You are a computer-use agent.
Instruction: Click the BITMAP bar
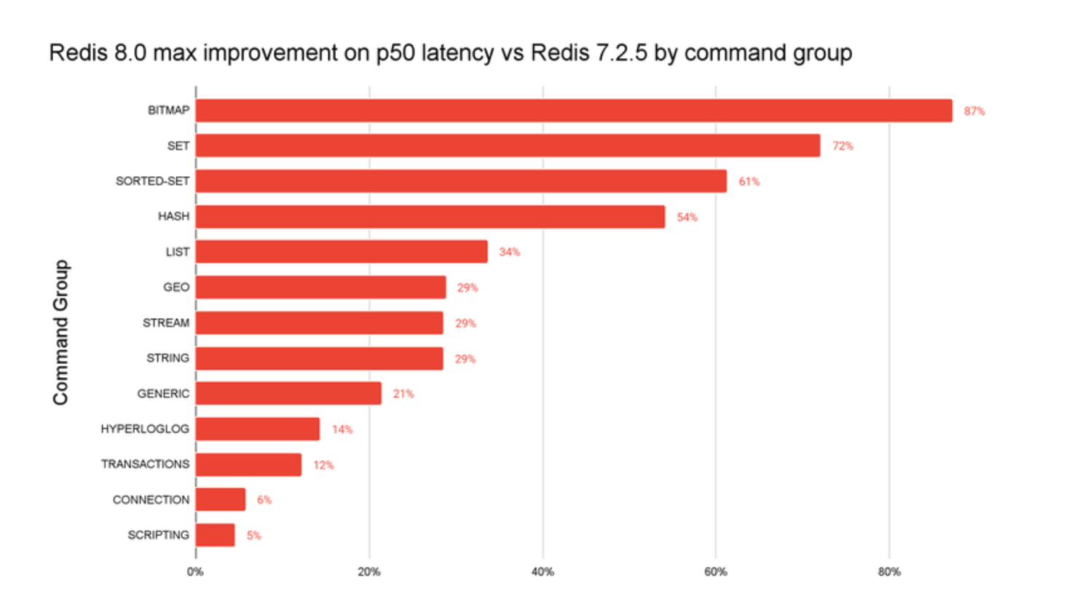(574, 111)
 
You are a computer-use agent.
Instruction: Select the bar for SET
(508, 146)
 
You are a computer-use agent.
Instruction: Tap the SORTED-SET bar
(461, 181)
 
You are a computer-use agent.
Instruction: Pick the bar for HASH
(430, 217)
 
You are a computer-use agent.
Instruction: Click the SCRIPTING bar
(216, 535)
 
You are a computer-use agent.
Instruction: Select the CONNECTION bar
(221, 499)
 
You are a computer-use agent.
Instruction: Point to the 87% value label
(974, 111)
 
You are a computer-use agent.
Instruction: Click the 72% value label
(843, 146)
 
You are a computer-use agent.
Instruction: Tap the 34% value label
(509, 252)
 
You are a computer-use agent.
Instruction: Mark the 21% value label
(403, 394)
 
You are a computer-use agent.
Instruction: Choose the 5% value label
(253, 536)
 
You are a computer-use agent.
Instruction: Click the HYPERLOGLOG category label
(145, 429)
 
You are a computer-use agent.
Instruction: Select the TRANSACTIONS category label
(145, 464)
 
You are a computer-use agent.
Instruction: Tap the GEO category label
(176, 287)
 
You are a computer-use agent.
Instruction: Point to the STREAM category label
(166, 323)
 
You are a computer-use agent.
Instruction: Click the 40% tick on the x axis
(543, 572)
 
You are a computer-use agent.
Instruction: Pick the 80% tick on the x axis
(889, 572)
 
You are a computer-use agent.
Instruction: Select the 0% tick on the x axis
(195, 572)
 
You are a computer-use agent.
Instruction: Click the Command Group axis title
(60, 332)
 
